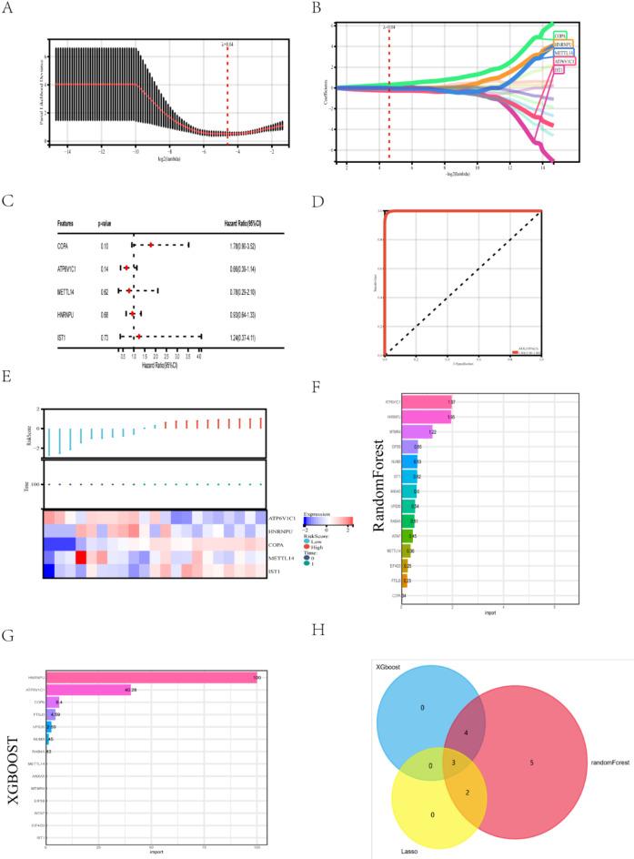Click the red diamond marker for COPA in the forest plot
pos(151,245)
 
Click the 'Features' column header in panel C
pos(69,222)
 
